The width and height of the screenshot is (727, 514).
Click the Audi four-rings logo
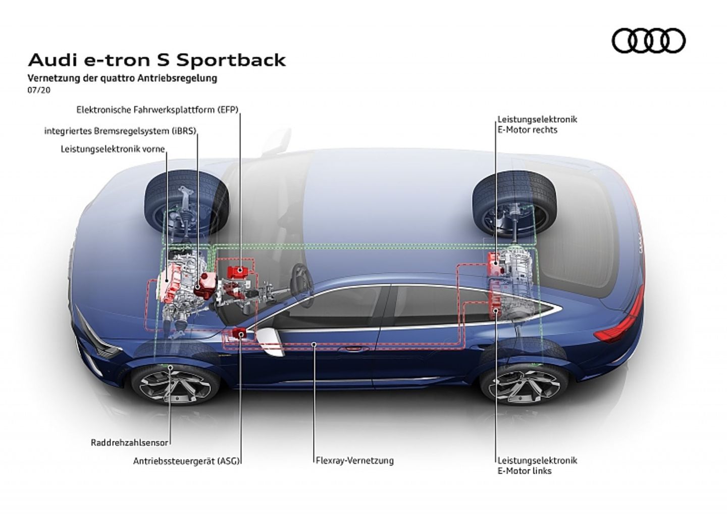(648, 40)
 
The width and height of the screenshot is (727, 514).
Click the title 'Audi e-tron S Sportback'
(157, 60)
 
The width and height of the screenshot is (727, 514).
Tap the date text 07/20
(39, 90)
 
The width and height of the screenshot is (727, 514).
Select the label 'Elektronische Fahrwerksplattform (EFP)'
(157, 110)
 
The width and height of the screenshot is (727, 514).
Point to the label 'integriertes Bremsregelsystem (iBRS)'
(120, 131)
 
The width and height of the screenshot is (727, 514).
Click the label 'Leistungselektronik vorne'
(113, 149)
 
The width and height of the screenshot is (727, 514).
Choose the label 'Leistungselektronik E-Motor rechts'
(537, 125)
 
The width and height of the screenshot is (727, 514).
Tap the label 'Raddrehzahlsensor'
(129, 442)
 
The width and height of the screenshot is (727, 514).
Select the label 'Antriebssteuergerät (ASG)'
(186, 460)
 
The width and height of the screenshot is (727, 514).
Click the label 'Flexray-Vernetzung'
(354, 460)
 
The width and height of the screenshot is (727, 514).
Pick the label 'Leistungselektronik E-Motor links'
(537, 466)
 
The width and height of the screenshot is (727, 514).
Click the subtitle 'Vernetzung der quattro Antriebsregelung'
(123, 78)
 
